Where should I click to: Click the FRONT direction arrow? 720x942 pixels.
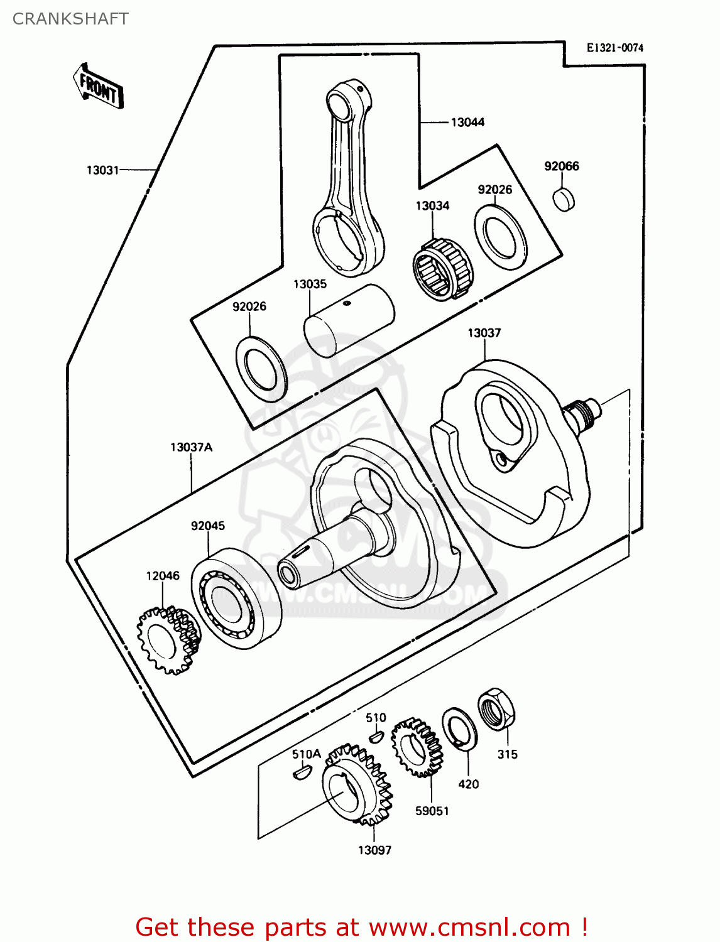(98, 86)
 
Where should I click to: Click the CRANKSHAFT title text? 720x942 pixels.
(70, 19)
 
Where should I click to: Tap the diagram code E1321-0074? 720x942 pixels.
(614, 48)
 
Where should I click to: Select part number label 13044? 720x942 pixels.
(467, 122)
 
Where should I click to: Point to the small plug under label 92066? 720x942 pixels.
(564, 199)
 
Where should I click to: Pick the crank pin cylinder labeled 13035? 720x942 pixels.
(349, 320)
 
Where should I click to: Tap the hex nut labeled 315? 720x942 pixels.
(496, 709)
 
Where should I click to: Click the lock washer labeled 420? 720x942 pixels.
(459, 728)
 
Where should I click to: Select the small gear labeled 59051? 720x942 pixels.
(416, 747)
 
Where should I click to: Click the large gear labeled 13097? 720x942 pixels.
(356, 785)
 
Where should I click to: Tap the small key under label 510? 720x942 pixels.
(376, 735)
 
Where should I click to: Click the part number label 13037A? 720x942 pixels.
(191, 447)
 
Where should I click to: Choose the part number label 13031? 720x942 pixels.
(102, 170)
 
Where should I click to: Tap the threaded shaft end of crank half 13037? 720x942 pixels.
(584, 414)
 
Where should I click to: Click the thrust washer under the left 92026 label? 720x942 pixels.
(261, 369)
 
